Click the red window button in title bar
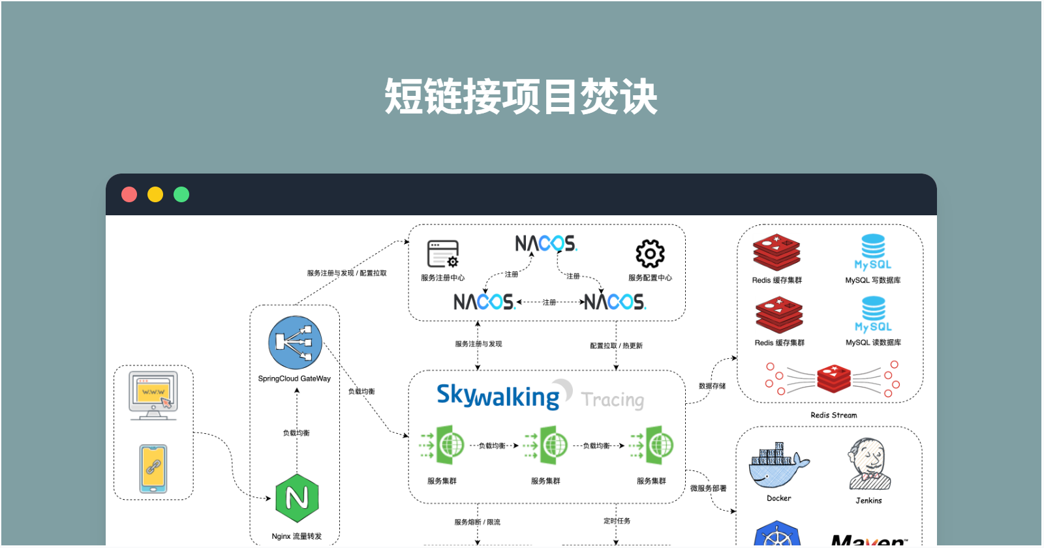129,194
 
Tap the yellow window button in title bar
155,194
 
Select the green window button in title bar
181,194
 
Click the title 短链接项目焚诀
521,97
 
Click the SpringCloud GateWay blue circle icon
295,343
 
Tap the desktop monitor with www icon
153,395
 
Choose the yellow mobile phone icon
153,468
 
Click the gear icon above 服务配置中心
650,254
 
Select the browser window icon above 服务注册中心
443,254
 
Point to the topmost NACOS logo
546,244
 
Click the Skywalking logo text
498,396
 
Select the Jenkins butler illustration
868,464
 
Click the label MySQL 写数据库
873,281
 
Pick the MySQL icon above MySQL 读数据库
873,314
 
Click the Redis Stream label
834,415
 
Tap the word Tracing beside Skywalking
613,399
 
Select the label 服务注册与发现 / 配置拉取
346,273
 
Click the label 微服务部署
708,488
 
